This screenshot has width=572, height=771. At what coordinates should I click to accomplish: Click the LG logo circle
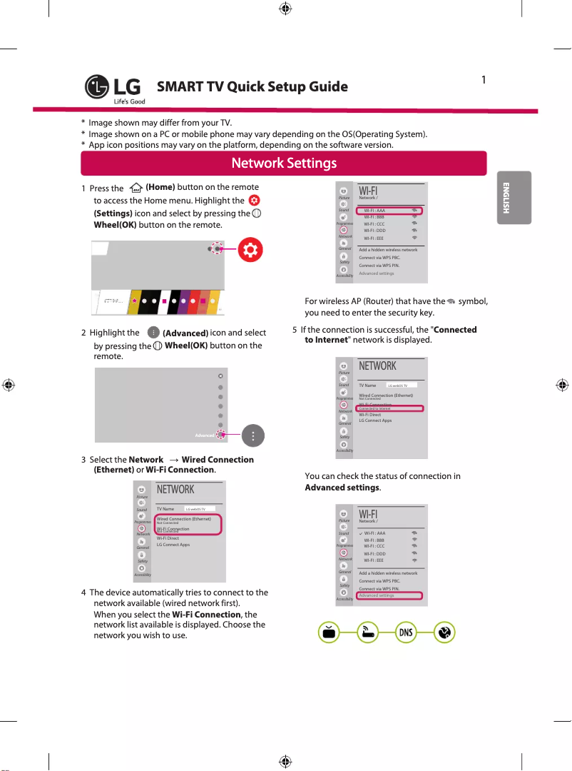97,88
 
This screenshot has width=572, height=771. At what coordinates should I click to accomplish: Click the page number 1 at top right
484,79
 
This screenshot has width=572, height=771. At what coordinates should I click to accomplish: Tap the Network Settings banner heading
284,163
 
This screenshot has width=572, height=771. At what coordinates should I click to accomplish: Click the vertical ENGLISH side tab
505,198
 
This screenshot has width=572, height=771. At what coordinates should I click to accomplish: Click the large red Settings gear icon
250,248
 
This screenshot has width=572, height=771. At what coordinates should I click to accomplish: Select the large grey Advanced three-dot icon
253,435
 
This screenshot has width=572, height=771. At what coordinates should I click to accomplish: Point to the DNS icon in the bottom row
405,633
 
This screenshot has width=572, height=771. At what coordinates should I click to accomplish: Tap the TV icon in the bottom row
328,633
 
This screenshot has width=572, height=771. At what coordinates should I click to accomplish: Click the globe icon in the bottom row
444,633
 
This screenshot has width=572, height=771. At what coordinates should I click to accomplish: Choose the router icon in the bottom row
367,633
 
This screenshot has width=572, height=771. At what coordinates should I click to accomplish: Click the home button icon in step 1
132,188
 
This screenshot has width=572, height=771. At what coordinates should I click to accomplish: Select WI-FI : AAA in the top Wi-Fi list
374,211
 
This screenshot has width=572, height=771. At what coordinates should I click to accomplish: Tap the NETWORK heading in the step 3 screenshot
175,490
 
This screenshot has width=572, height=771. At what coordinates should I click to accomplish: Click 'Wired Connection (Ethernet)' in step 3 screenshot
183,519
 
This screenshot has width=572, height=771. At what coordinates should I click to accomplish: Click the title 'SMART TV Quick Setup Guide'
252,87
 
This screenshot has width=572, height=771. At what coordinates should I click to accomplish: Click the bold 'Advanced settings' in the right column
342,488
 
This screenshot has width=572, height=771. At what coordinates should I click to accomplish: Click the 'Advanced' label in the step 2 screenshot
205,435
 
